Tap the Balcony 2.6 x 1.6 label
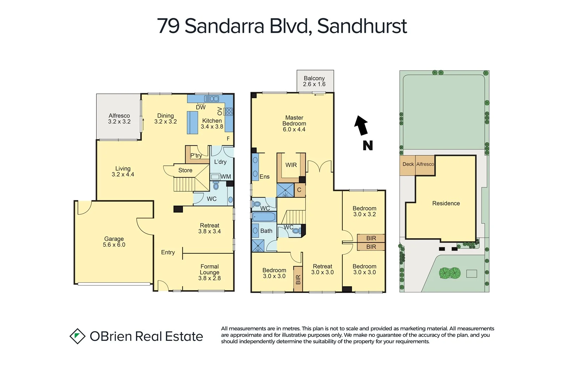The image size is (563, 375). tap(314, 81)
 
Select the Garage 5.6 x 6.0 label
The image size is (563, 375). tap(114, 242)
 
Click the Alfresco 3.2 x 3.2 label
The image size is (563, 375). tap(119, 119)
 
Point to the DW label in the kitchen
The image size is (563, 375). tap(201, 107)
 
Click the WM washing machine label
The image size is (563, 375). tap(226, 177)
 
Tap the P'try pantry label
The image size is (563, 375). tap(196, 155)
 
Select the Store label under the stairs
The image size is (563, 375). tap(185, 170)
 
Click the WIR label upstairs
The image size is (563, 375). tap(291, 165)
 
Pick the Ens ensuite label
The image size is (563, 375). tap(265, 177)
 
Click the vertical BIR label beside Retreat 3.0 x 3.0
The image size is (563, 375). tap(298, 280)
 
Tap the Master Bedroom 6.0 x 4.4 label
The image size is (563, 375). tap(294, 123)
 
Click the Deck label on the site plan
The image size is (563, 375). tap(408, 164)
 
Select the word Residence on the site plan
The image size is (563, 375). tap(446, 203)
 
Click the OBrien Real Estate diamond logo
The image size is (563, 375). tap(77, 336)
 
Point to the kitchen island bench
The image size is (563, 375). tap(192, 122)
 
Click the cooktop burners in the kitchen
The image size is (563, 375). tap(229, 112)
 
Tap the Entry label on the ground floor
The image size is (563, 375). tap(168, 252)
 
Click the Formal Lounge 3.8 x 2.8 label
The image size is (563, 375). tap(209, 272)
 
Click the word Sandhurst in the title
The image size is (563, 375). tap(362, 26)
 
